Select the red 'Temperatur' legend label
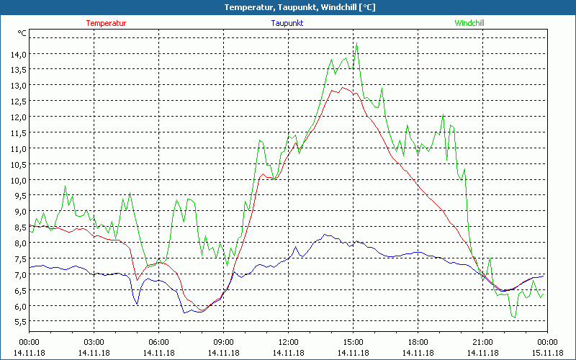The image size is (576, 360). point(106,23)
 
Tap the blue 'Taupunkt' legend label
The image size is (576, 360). point(287,23)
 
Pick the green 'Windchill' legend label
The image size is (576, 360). point(469,23)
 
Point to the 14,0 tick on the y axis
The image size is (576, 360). point(18,54)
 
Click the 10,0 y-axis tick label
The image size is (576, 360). point(18,180)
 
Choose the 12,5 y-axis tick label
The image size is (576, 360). point(18,102)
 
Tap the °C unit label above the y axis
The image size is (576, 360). point(22,33)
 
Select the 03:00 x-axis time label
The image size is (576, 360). point(94,342)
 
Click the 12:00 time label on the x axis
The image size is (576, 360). point(288,342)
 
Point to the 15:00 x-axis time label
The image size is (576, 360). point(353,342)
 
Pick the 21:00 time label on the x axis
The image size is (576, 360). point(482,342)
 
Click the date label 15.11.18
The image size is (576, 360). point(547,352)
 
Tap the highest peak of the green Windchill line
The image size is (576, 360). point(356,45)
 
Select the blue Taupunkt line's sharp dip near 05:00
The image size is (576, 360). point(137,305)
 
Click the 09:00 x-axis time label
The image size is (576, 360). point(223,342)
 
